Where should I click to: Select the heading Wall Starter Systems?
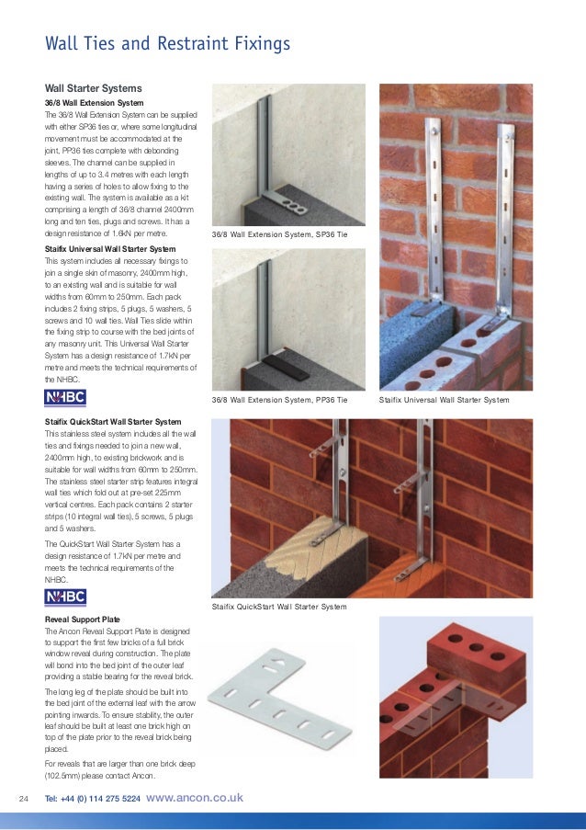(x=94, y=87)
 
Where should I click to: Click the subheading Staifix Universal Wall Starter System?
(x=110, y=249)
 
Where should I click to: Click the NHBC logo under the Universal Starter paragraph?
(x=65, y=397)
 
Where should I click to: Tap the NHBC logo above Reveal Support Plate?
(x=65, y=598)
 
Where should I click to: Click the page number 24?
(x=25, y=798)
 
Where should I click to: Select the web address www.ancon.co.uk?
(x=195, y=798)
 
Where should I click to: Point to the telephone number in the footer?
(x=93, y=799)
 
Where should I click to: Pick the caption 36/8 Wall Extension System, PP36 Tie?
(x=279, y=401)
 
